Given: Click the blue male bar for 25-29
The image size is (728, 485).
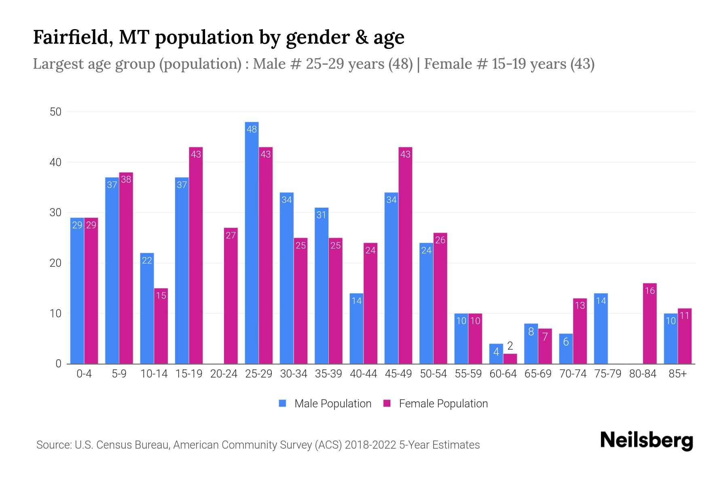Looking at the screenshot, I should pos(252,242).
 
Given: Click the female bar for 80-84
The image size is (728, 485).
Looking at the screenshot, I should pos(650,323).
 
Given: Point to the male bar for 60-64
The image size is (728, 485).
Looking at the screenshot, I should pos(496,354).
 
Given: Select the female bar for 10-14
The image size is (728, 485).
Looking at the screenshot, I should pos(161,326).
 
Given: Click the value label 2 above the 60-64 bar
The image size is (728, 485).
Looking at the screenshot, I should pos(510,346).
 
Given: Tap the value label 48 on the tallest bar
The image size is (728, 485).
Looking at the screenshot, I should pos(252,129).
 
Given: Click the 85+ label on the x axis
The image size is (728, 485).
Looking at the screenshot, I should pos(677,374).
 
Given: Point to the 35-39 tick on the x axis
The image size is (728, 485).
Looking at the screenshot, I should pos(328,374).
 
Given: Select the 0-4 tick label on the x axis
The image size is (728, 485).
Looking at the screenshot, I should pos(84,374).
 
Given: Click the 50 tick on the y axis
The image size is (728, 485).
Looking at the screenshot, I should pos(55,112).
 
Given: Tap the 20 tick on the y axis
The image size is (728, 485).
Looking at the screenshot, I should pos(55,263).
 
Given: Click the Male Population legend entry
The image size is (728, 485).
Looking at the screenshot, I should pos(326,403).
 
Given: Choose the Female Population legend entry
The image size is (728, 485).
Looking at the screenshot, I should pos(436,403).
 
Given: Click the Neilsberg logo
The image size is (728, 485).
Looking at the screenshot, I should pos(646,441).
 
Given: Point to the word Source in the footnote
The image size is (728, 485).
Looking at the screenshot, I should pos(53,445).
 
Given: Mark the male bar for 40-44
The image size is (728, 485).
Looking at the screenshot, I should pos(356,329).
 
